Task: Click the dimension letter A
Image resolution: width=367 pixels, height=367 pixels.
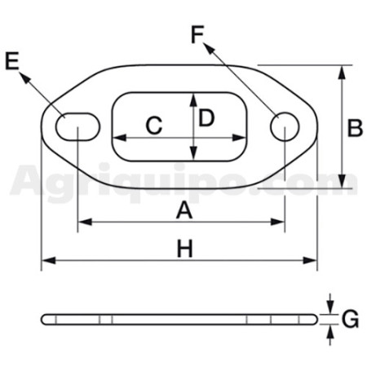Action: pos(184,210)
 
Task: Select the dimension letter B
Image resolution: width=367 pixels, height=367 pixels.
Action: pos(355,127)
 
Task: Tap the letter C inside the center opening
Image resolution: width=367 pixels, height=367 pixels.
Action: pos(154,126)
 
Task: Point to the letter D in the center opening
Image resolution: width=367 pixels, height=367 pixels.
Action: pos(206,117)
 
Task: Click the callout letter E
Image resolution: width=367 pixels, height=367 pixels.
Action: pos(12,61)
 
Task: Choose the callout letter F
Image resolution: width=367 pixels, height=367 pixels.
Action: pos(197,34)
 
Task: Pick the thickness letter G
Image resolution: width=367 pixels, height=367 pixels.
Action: pos(351,319)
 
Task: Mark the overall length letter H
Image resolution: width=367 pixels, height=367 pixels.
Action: pos(185,249)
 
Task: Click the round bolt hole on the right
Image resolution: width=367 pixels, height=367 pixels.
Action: pos(285,126)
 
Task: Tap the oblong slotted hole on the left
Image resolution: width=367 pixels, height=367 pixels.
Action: pos(78,126)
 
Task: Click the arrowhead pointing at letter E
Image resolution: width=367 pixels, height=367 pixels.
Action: pos(24,77)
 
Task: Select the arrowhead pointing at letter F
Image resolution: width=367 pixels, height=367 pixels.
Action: pos(209,48)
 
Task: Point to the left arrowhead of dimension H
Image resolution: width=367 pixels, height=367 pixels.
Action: pos(49,260)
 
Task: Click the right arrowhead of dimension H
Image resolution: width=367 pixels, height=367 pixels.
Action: pos(310,260)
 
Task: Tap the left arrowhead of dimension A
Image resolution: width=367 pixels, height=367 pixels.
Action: pos(85,222)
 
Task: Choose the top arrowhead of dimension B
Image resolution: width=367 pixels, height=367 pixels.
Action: pos(342,73)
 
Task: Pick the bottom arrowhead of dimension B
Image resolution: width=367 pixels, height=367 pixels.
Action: pos(342,181)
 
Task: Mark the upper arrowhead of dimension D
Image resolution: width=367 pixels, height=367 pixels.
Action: pos(193,100)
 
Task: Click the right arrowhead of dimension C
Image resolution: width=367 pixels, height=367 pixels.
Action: pos(239,138)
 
